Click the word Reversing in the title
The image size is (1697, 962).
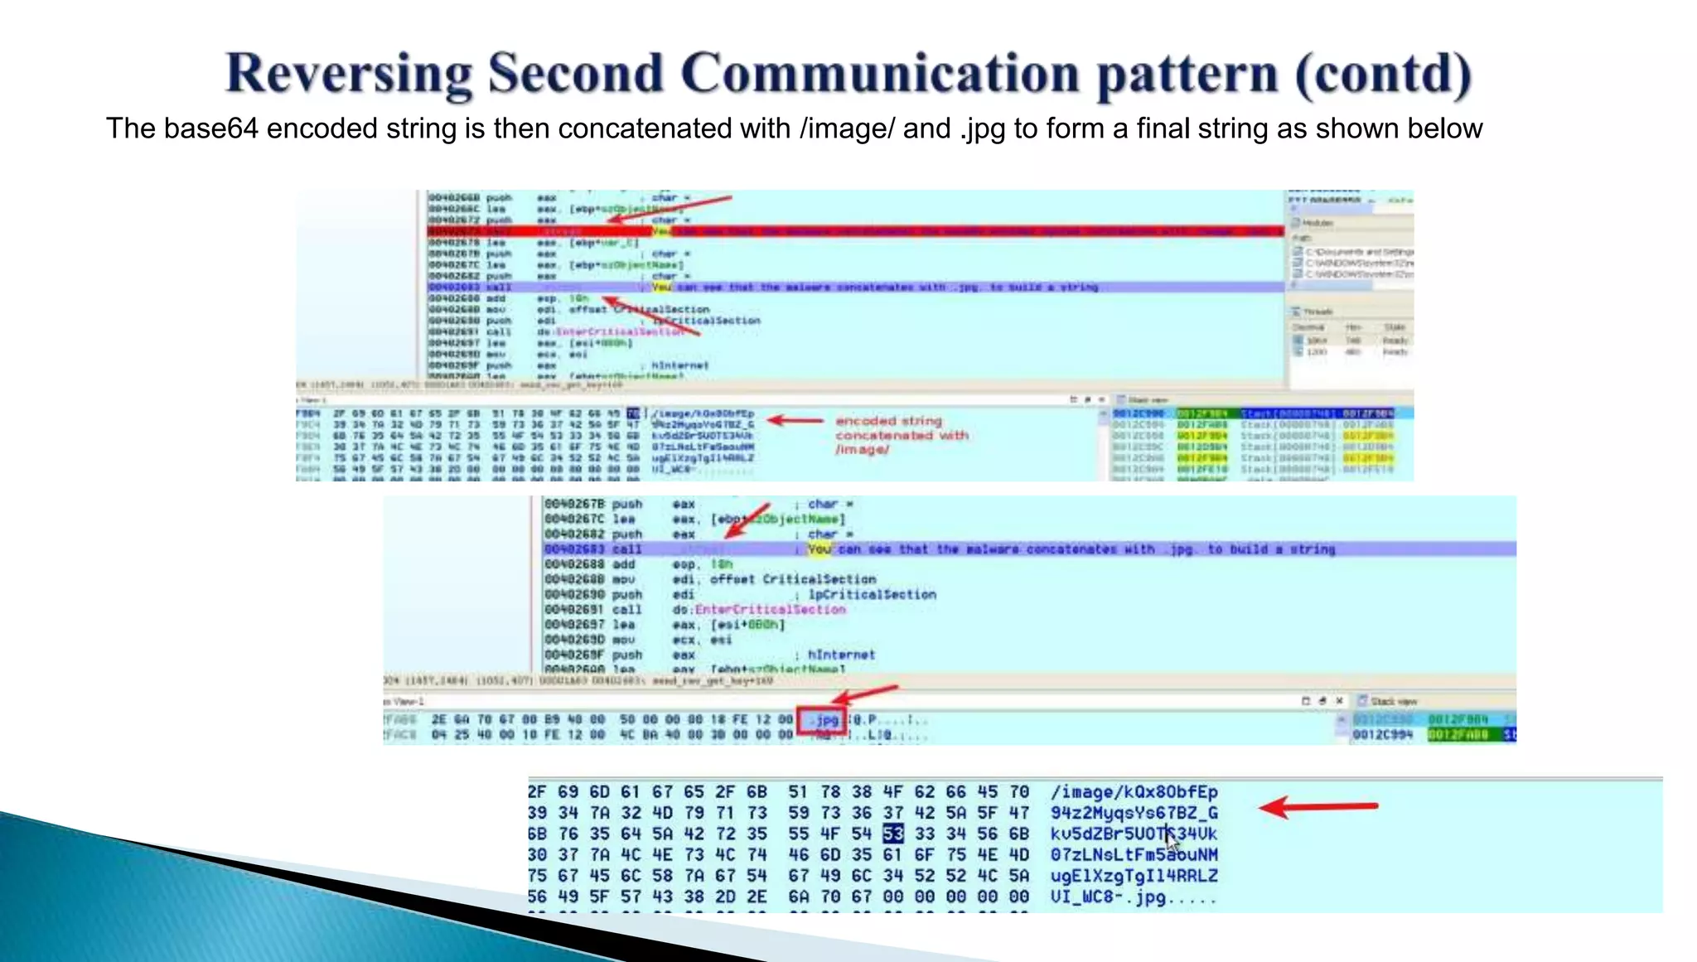pos(349,73)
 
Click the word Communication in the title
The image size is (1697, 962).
pos(881,73)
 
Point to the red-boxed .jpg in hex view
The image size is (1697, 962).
pos(822,720)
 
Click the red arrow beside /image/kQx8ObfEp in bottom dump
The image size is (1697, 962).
pos(1317,806)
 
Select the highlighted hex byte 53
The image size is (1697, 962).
pos(892,834)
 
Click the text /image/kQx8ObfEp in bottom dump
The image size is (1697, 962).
pos(1134,792)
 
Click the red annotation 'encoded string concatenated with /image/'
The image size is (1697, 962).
pos(901,435)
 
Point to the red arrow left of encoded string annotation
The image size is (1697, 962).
pos(795,420)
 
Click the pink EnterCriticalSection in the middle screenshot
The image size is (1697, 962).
pos(770,610)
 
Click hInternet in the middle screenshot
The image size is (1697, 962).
pos(840,655)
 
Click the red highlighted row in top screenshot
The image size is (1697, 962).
pos(853,231)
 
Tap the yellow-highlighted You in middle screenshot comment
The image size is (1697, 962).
pos(819,549)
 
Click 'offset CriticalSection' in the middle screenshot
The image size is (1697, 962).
pos(792,579)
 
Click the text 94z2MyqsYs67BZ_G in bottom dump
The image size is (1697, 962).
pos(1134,813)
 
